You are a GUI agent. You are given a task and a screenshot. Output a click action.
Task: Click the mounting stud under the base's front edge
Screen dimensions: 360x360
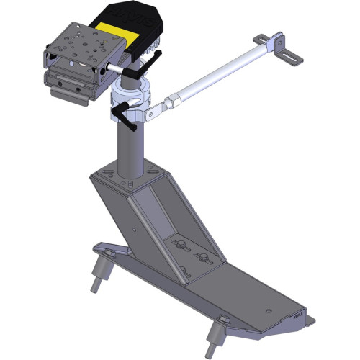click(215, 333)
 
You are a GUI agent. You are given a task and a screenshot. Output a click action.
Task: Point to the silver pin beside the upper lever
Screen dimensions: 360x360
click(113, 64)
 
